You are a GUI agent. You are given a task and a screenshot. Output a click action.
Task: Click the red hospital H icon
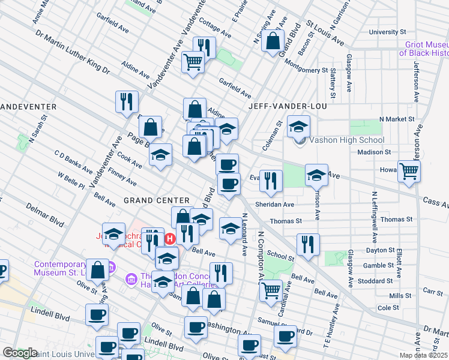click(x=170, y=239)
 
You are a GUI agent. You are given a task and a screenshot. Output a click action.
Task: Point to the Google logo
click(x=19, y=353)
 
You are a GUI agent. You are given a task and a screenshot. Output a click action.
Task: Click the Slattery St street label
click(x=333, y=83)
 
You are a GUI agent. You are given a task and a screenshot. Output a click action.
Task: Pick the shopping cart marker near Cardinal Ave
click(x=271, y=290)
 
